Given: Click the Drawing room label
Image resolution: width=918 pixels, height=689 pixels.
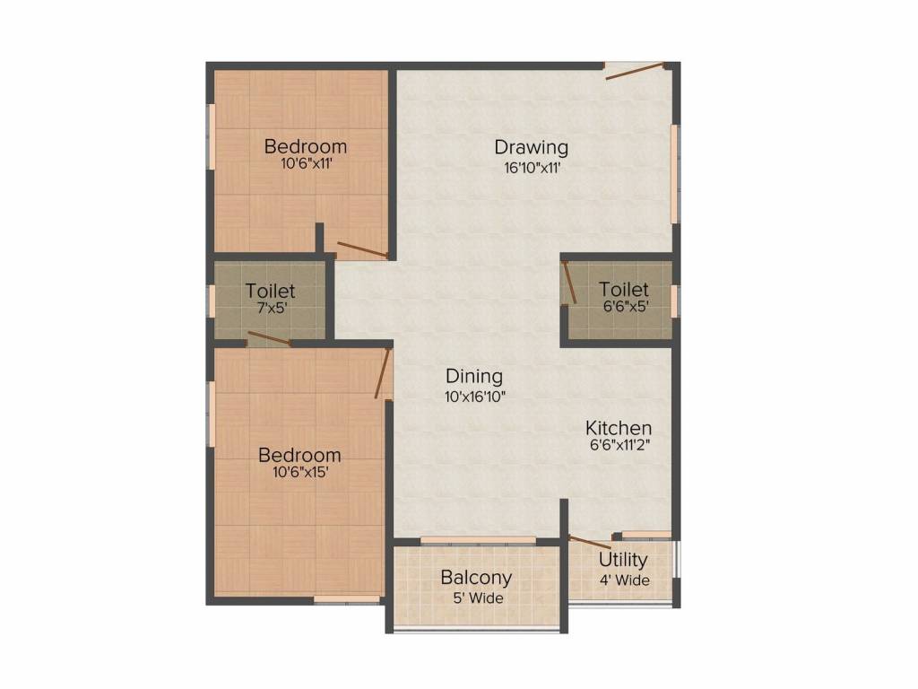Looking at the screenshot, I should click(x=532, y=147).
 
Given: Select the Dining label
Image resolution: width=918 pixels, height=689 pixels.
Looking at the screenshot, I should click(x=474, y=377).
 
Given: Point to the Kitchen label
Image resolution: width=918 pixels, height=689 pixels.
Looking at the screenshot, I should click(x=619, y=428).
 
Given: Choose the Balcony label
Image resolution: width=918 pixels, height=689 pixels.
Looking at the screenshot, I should click(x=476, y=578).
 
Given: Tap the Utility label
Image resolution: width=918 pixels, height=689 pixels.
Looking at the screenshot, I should click(x=623, y=561).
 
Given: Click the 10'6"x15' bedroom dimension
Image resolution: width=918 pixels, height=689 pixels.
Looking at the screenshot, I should click(x=300, y=474).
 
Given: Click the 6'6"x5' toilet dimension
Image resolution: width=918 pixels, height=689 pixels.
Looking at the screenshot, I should click(x=624, y=307).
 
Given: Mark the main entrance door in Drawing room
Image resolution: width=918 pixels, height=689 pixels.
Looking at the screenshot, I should click(x=635, y=71).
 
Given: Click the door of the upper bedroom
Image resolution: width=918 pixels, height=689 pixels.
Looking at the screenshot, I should click(x=363, y=249).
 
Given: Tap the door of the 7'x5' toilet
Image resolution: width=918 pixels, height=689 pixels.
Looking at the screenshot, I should click(x=269, y=338).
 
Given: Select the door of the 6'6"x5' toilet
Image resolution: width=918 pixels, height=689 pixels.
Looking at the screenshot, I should click(x=568, y=279).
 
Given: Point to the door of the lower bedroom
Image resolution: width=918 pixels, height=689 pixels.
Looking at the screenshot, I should click(x=383, y=373).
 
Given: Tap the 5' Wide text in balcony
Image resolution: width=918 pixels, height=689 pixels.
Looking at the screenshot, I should click(x=476, y=598).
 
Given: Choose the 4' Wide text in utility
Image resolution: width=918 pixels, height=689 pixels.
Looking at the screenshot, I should click(x=624, y=580).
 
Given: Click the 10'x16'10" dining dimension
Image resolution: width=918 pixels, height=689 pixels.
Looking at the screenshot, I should click(x=474, y=397).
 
